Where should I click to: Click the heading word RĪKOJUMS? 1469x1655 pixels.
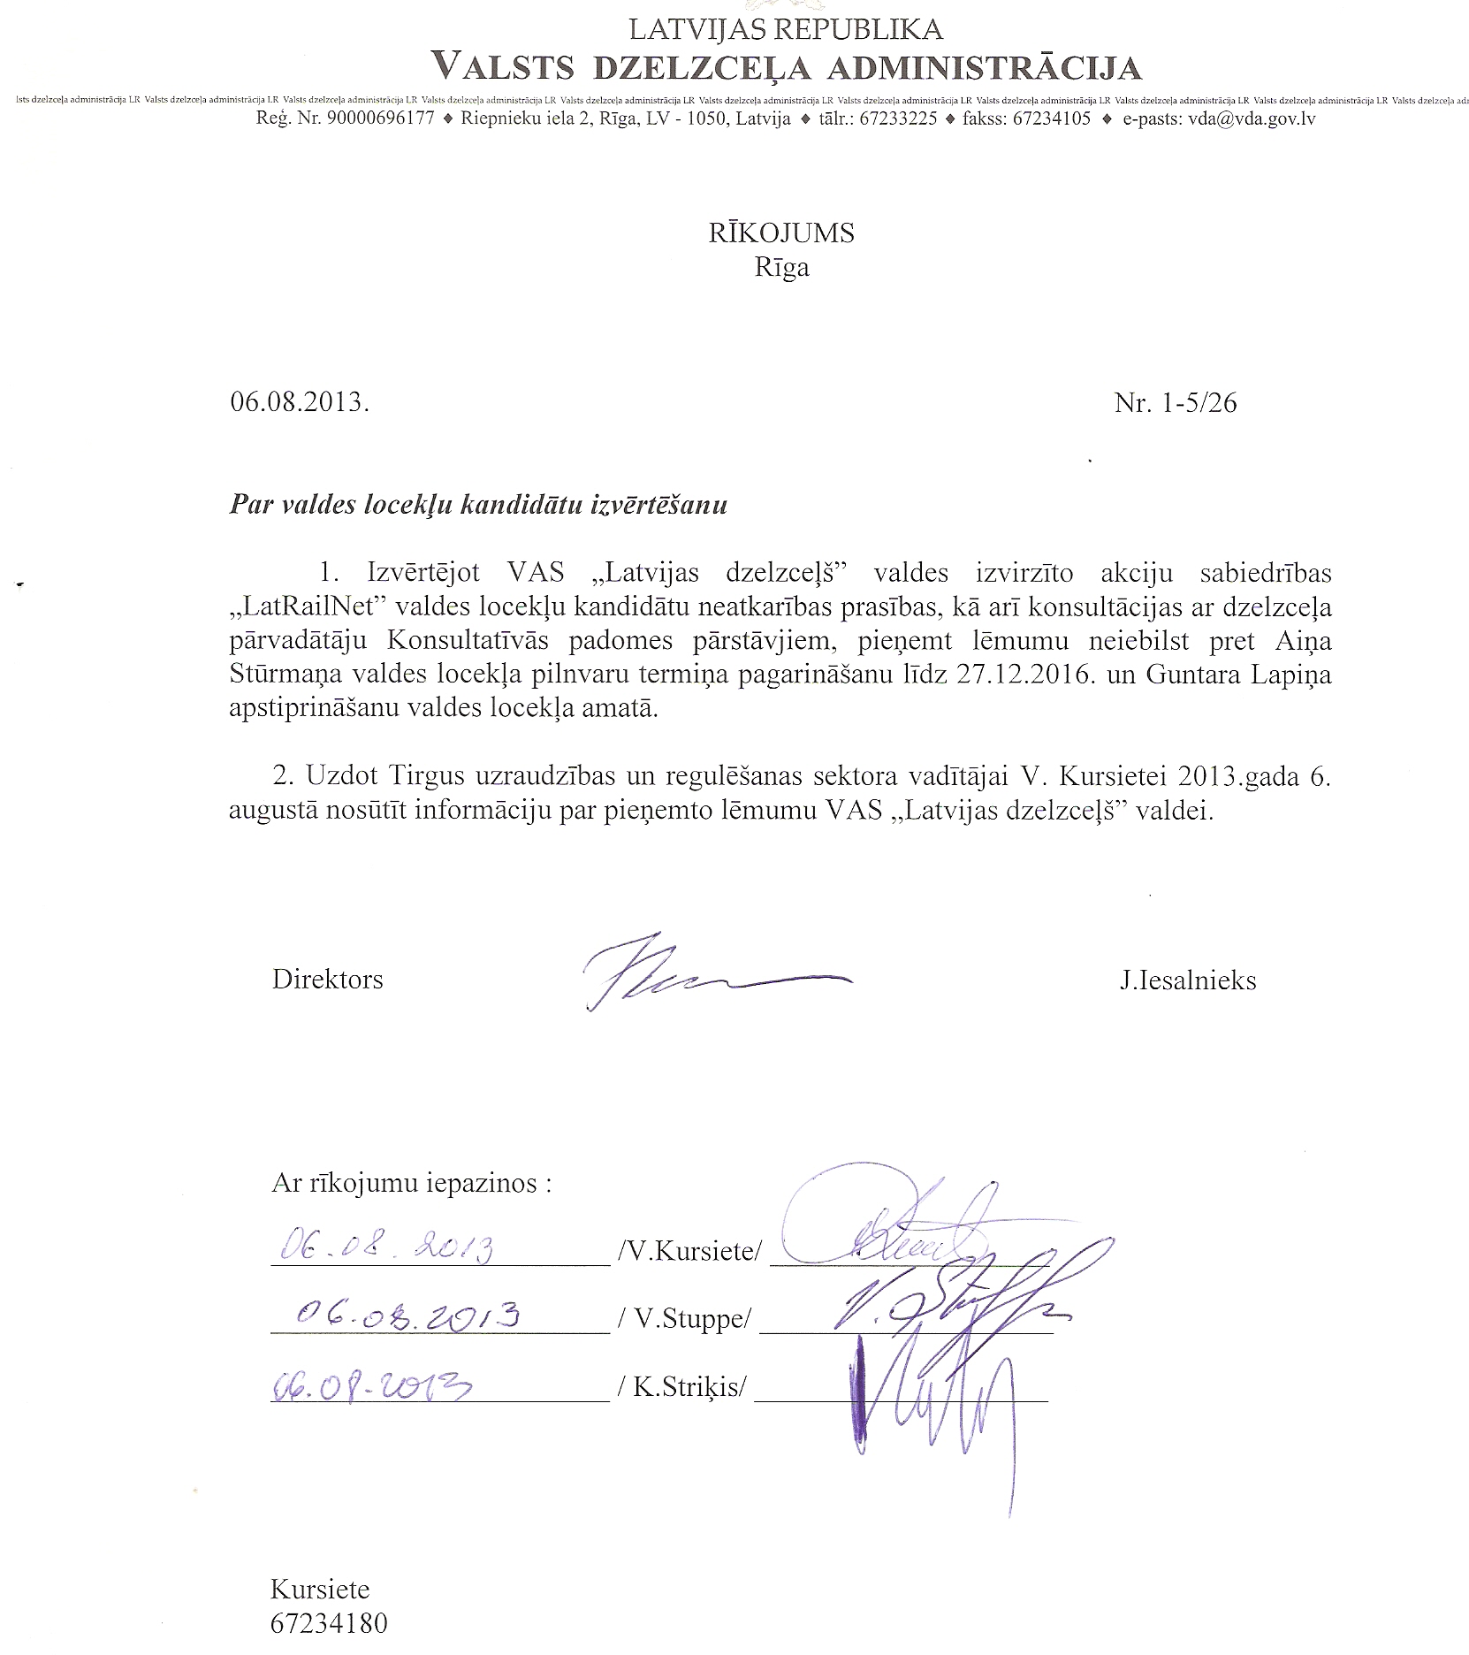(781, 233)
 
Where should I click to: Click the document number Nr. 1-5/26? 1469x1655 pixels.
(1175, 403)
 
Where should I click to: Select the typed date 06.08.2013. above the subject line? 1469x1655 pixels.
(300, 403)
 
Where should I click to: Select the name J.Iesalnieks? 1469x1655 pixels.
(1187, 980)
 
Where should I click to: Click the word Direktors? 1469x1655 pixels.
(327, 980)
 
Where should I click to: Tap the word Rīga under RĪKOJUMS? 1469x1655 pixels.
(781, 267)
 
